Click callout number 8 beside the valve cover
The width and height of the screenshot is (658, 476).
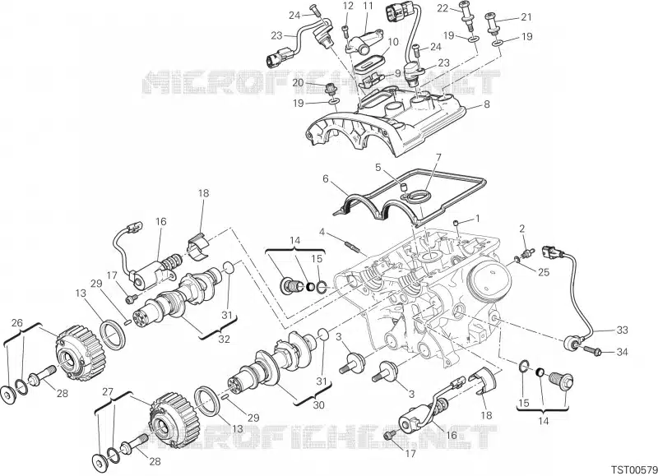pyautogui.click(x=486, y=104)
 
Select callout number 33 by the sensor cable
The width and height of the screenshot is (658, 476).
pyautogui.click(x=622, y=330)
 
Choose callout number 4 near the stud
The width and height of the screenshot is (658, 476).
pyautogui.click(x=438, y=157)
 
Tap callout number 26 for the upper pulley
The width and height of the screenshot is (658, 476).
pyautogui.click(x=16, y=321)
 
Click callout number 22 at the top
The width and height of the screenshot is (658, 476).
pyautogui.click(x=465, y=7)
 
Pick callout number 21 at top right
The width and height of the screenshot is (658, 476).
pyautogui.click(x=526, y=17)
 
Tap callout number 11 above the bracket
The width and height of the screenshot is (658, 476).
pyautogui.click(x=367, y=7)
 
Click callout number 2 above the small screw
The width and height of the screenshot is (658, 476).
pyautogui.click(x=521, y=228)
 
